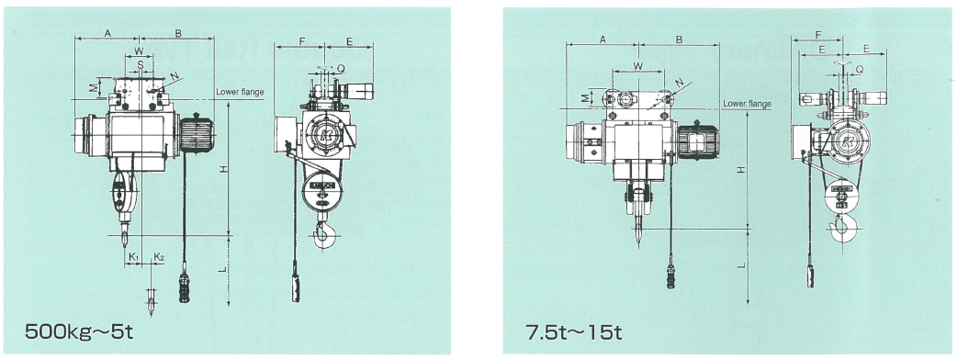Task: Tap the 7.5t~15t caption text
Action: coord(574,332)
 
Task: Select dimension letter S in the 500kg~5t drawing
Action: coord(140,62)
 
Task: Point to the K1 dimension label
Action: coord(135,257)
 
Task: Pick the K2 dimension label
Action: coord(159,257)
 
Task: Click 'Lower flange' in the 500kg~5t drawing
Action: coord(240,92)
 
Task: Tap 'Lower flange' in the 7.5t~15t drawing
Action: coord(747,104)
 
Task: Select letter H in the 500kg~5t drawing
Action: coord(224,169)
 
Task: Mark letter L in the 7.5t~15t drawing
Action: coord(741,265)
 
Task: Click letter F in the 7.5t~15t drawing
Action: coord(816,35)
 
